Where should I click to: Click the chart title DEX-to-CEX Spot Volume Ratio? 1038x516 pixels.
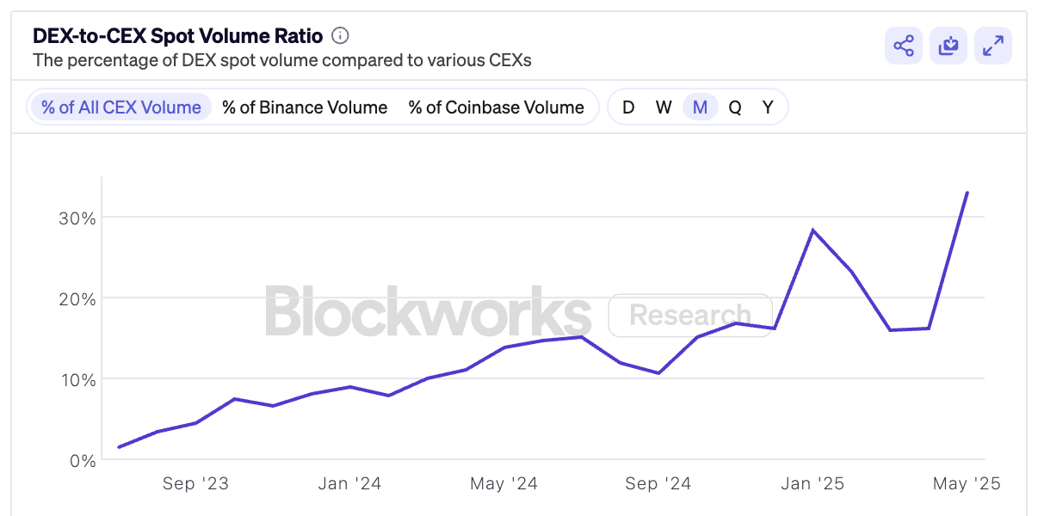tap(177, 36)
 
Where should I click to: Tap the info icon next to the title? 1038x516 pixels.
tap(340, 36)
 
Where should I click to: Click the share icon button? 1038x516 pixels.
tap(903, 46)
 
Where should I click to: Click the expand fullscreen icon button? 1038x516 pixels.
tap(992, 46)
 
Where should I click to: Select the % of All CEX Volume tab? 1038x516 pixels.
tap(120, 107)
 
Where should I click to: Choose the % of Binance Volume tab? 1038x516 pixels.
tap(305, 107)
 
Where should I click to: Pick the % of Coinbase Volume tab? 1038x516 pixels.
tap(496, 107)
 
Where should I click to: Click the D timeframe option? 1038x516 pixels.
tap(628, 107)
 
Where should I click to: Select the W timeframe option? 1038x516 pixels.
tap(664, 107)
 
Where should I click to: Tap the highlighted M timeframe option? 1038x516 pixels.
tap(700, 107)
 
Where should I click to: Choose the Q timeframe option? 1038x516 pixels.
tap(735, 107)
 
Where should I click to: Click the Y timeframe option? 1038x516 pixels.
tap(768, 107)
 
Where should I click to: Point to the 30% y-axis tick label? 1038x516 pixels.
tap(76, 218)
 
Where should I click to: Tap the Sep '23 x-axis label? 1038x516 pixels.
tap(195, 484)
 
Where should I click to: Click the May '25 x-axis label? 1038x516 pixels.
tap(967, 484)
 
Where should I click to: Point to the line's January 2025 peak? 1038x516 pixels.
tap(812, 230)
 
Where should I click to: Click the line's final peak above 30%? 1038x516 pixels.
tap(967, 193)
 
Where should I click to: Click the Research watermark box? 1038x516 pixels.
tap(689, 315)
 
